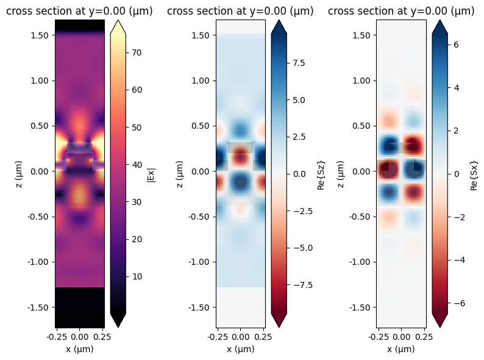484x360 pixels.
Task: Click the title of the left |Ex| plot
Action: coord(79,11)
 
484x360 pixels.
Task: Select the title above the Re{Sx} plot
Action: coord(401,11)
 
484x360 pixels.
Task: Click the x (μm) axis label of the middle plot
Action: coord(240,349)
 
